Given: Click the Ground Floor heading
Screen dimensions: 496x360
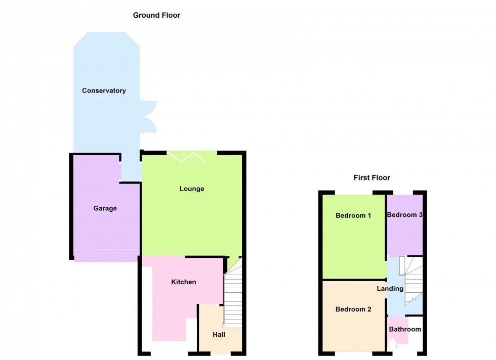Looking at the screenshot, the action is tap(156, 15).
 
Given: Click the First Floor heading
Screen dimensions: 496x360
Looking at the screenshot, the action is tap(371, 177).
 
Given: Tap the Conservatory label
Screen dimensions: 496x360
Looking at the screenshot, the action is tap(104, 91).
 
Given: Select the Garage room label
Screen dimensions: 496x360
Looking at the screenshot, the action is tap(105, 208).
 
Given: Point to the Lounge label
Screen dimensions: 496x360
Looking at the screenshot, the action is tap(192, 189).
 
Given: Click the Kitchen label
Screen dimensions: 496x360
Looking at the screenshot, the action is tap(183, 282).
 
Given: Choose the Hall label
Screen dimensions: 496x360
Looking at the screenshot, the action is tap(219, 334).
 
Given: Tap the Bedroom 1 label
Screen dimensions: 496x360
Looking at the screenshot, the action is tap(353, 215).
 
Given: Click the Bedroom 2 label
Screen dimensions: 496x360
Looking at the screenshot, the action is tap(353, 309).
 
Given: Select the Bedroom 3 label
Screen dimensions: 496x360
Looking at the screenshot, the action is tap(404, 215).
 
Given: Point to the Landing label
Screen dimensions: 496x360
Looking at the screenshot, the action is tap(390, 289).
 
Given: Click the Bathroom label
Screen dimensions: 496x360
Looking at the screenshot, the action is tap(405, 329).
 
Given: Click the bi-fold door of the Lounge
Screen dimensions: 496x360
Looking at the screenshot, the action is tap(187, 157).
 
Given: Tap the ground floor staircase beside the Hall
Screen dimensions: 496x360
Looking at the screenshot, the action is tap(233, 293).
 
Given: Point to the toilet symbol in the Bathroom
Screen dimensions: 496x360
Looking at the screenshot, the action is tap(392, 344).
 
